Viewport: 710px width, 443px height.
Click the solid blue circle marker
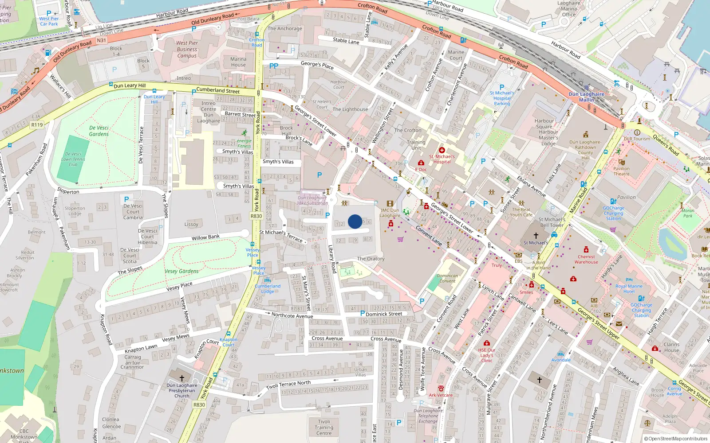(355, 221)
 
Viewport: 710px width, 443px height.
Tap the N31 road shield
(102, 40)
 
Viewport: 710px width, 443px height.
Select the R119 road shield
(37, 125)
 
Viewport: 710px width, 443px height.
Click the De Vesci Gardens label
(99, 131)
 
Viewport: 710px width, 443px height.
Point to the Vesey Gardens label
(181, 271)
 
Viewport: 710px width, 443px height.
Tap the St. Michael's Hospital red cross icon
(442, 150)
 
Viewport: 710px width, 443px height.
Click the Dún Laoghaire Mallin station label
(586, 97)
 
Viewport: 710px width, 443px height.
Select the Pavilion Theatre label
(621, 171)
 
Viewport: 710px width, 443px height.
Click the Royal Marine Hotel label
(629, 289)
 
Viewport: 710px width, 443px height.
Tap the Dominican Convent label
(447, 278)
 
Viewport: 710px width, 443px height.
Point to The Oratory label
(371, 259)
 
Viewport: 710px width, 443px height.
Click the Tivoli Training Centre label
(324, 427)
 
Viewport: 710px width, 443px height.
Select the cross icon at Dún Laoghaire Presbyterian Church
(181, 378)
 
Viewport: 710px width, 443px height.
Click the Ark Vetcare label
(441, 395)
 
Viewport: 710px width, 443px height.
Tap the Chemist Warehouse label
(586, 259)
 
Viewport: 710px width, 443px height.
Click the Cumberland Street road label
(218, 90)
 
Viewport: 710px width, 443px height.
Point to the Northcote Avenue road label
(292, 315)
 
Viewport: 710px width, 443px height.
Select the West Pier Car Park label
(49, 21)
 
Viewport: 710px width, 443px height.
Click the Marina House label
(238, 62)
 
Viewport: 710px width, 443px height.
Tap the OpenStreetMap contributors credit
(675, 439)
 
